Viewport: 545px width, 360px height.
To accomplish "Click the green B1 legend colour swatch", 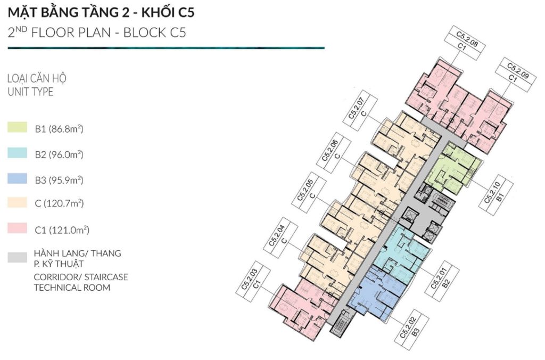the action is tap(17, 127).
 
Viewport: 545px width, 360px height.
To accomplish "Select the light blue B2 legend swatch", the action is tap(17, 153).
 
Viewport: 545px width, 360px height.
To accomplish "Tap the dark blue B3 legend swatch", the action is tap(17, 178).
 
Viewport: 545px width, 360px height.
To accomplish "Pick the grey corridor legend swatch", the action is tap(17, 257).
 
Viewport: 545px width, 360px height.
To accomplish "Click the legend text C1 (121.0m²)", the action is tap(62, 230).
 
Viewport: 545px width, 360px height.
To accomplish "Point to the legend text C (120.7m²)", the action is tap(59, 203).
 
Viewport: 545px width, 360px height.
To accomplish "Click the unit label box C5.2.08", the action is tap(464, 44).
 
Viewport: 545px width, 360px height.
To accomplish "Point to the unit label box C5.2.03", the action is tap(253, 282).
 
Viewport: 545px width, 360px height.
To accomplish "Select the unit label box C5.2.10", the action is tap(496, 194).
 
